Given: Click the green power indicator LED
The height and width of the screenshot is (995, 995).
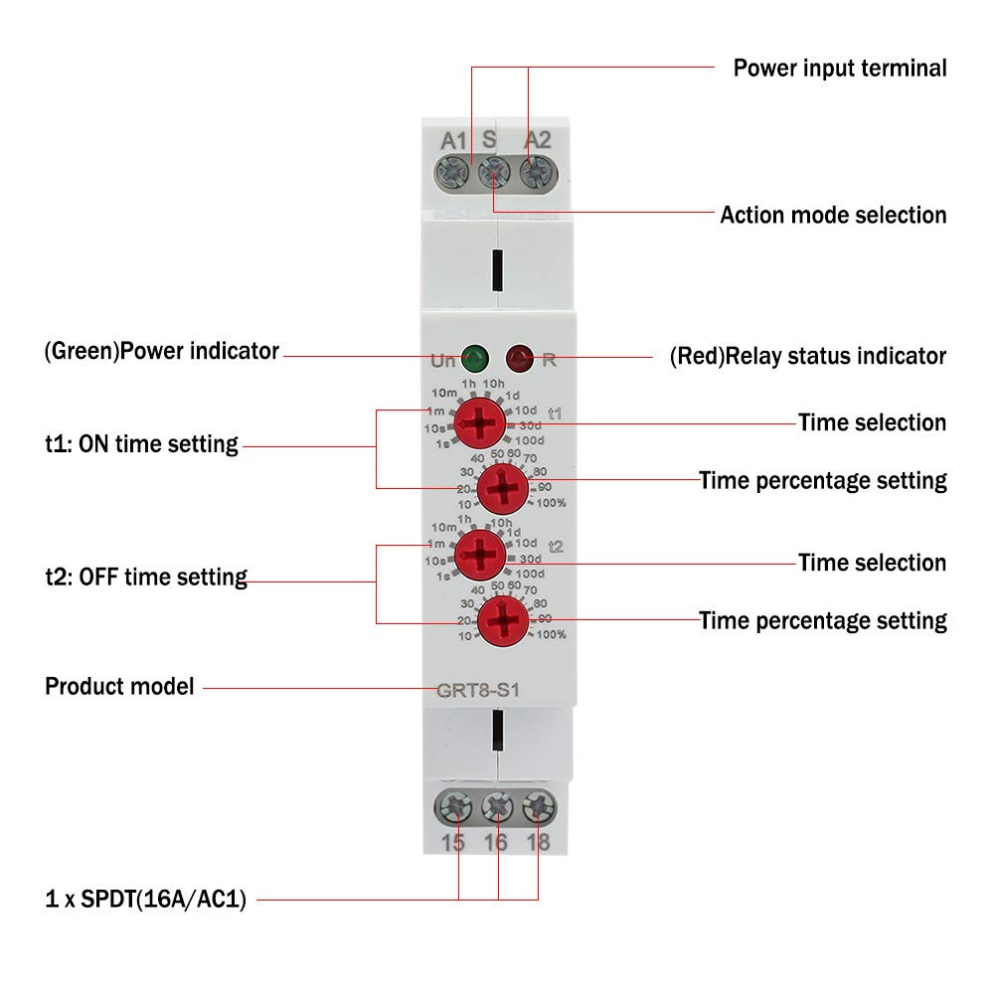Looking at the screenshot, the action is (x=475, y=359).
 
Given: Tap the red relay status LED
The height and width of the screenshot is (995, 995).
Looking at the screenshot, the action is (x=520, y=359).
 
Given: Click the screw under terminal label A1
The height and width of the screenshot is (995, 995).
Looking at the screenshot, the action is (x=453, y=172).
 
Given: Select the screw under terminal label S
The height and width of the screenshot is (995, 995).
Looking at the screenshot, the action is (x=494, y=172).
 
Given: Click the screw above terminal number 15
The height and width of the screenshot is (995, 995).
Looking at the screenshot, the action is (x=453, y=807).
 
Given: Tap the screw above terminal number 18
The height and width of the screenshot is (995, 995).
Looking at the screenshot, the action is (x=539, y=807).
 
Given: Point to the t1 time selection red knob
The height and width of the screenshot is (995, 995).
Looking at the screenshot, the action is (x=480, y=422).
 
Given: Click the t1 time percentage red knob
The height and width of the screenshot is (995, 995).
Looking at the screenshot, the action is (x=503, y=488).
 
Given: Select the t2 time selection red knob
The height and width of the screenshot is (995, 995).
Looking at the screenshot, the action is (x=480, y=555).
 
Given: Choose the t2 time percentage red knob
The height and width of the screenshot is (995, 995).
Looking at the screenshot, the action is (x=503, y=620).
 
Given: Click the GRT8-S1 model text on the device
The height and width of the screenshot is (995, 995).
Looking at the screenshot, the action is (x=478, y=690).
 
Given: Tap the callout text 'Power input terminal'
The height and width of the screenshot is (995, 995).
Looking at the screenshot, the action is (x=840, y=69).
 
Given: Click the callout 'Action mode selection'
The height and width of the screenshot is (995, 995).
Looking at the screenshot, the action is (x=833, y=215).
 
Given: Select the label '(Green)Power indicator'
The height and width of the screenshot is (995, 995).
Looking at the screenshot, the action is (x=162, y=351).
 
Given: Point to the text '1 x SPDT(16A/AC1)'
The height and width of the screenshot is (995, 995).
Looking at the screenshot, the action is (x=146, y=900).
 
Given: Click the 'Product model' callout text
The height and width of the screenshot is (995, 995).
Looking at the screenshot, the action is (x=120, y=687).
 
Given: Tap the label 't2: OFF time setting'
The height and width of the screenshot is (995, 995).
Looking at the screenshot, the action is (x=146, y=578).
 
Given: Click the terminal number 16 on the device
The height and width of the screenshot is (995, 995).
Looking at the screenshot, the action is (x=496, y=843).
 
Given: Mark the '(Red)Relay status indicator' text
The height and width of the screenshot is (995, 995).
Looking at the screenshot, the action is (x=808, y=357).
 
